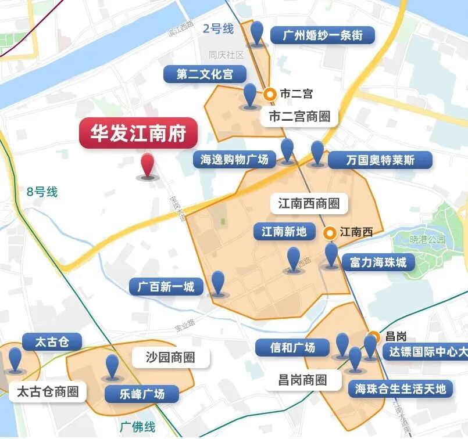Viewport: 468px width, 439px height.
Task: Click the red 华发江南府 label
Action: click(x=138, y=134)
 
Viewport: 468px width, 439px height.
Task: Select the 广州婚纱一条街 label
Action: click(x=323, y=35)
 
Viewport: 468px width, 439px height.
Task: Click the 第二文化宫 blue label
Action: click(x=204, y=74)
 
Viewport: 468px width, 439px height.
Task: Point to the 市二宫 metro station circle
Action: click(x=269, y=93)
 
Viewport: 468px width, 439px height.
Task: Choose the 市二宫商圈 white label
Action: click(x=299, y=117)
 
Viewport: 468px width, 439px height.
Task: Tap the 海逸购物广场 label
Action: click(x=234, y=160)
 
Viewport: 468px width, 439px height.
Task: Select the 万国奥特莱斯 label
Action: click(x=380, y=160)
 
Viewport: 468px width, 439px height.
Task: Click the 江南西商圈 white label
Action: click(x=309, y=204)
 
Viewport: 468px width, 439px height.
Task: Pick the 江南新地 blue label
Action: click(x=284, y=232)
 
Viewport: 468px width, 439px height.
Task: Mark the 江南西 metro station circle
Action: click(x=330, y=233)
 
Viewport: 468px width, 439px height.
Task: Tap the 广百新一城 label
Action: click(x=166, y=286)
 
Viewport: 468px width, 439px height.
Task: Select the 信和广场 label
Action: click(x=292, y=347)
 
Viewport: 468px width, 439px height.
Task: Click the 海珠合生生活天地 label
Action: click(x=401, y=388)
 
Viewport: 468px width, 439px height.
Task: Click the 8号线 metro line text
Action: click(x=42, y=192)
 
